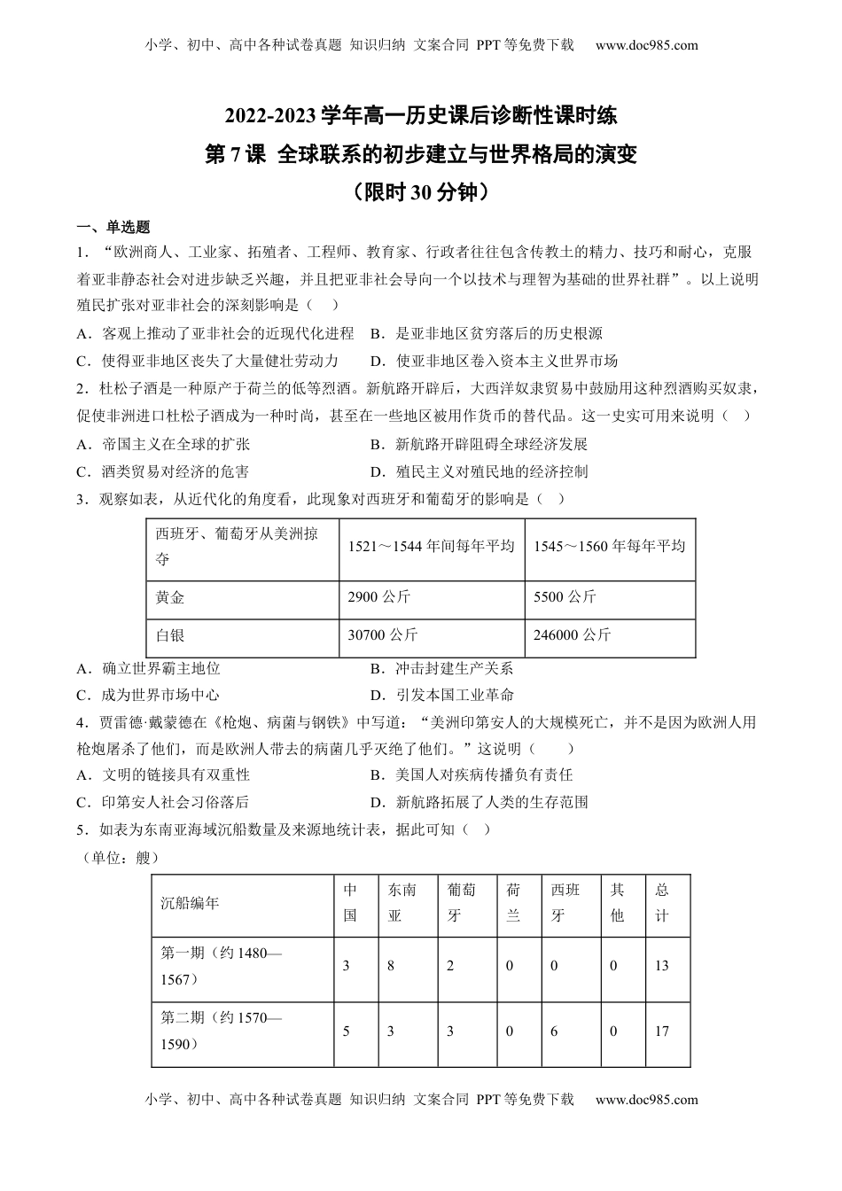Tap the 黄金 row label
point(170,597)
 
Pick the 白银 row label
point(170,635)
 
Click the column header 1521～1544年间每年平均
point(431,547)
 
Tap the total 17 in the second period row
point(661,1031)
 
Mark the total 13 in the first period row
point(661,966)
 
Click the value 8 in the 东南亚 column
point(391,966)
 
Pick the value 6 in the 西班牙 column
point(554,1031)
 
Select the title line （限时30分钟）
point(421,192)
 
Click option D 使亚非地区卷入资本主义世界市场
point(494,361)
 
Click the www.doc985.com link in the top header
point(646,45)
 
